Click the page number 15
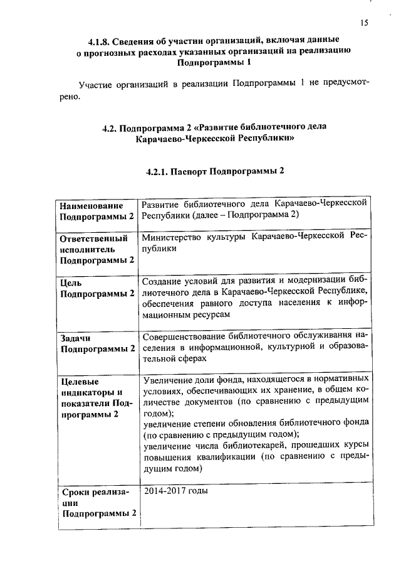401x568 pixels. pos(365,23)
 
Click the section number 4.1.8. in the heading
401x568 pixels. pos(101,41)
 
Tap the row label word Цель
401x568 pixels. pos(70,282)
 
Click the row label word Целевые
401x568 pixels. pos(79,381)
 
